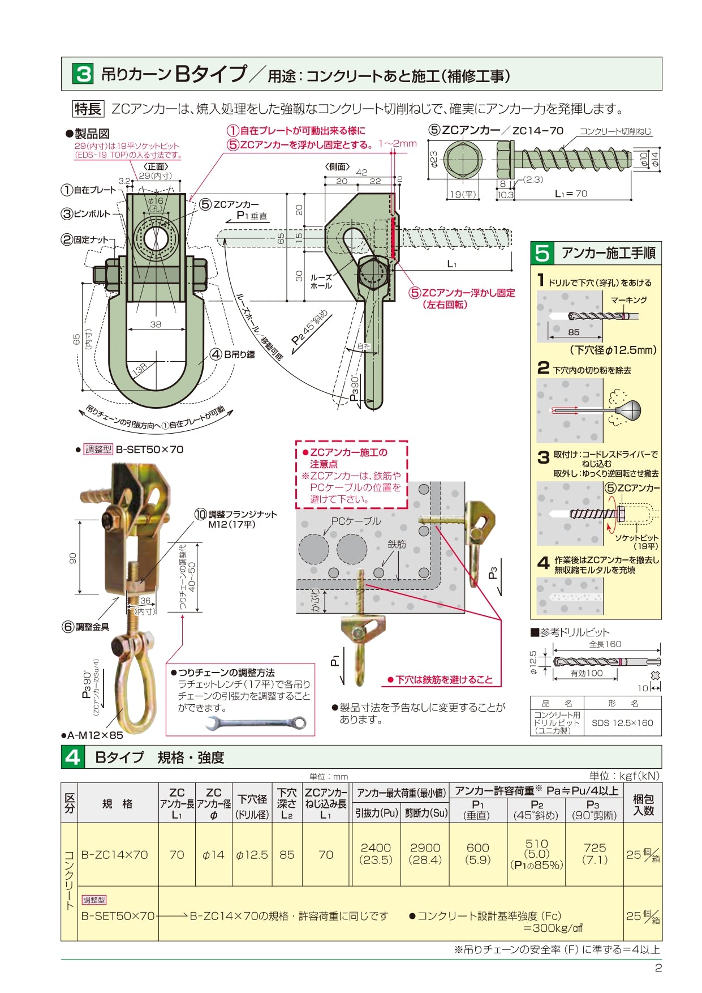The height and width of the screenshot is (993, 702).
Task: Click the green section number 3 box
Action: [84, 74]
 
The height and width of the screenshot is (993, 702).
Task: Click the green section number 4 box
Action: [73, 757]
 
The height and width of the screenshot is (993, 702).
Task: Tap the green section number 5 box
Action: [542, 252]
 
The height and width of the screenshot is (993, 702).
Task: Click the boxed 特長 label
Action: [88, 109]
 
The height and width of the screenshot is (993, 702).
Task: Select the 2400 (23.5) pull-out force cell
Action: [376, 854]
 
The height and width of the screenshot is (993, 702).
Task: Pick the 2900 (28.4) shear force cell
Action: [425, 854]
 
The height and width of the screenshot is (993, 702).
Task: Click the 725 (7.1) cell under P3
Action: [595, 854]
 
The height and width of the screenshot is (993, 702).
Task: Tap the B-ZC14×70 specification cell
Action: [115, 855]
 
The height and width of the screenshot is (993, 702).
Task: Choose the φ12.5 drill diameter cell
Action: [252, 855]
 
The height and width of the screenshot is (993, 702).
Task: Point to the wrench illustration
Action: [257, 723]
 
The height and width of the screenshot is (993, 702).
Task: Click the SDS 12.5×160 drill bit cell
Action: [622, 723]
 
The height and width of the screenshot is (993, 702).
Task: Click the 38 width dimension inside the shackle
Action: [156, 324]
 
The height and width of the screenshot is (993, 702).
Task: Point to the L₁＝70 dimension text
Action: [571, 194]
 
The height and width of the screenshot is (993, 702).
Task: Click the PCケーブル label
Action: [356, 521]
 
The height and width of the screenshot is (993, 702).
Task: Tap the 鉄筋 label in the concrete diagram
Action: [397, 544]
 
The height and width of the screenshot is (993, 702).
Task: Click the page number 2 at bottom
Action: [658, 968]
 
